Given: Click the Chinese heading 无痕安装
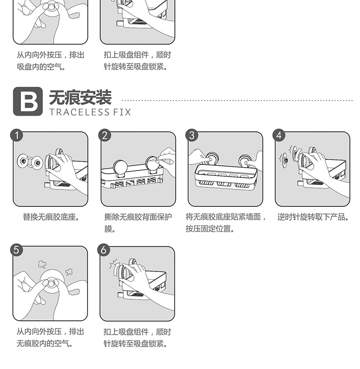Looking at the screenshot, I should [80, 97].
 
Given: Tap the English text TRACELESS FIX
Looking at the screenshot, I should [89, 112].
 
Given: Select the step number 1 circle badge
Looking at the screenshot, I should [16, 135].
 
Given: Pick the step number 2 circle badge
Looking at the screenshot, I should [105, 135].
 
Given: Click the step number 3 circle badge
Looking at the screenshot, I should [192, 135].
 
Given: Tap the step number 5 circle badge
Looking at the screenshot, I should [16, 250].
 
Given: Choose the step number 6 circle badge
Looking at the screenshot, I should [104, 250].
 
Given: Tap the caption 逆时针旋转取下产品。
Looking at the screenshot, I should [313, 217].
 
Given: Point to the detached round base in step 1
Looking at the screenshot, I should [21, 160].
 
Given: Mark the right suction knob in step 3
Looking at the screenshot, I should [244, 160].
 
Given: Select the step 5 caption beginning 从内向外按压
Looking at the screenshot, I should [50, 338].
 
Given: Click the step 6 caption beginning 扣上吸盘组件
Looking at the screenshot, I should [137, 338].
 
